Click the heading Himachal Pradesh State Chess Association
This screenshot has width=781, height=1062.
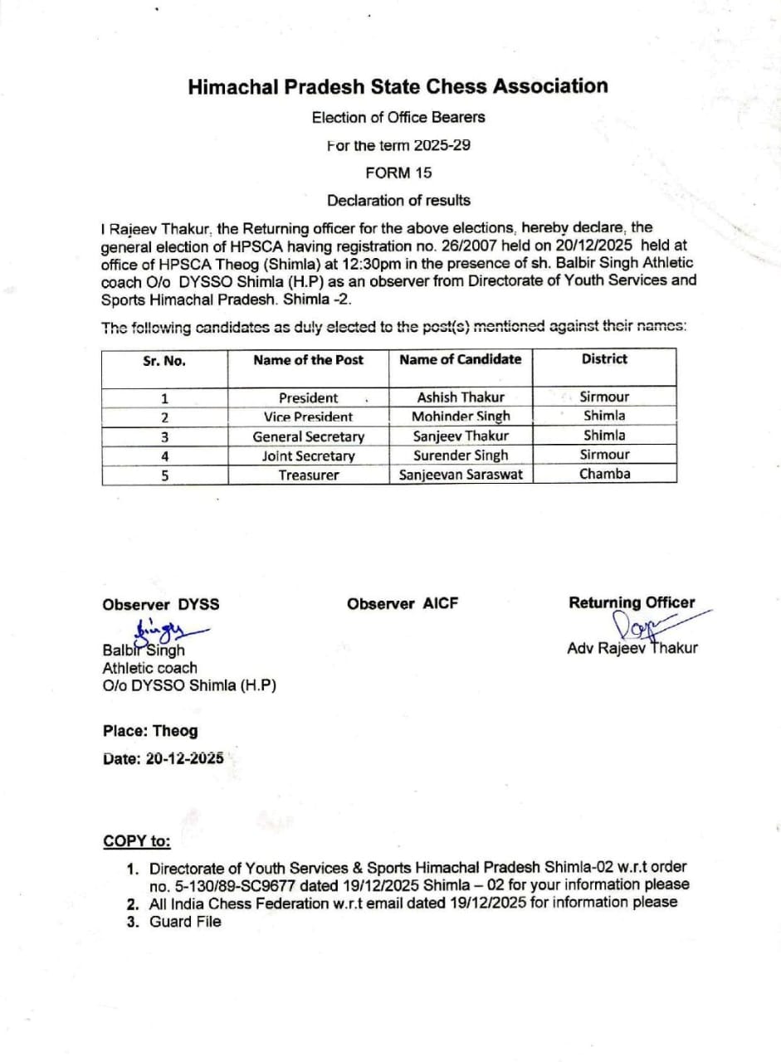[398, 86]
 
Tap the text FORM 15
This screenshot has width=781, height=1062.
[398, 173]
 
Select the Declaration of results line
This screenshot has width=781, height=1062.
[398, 200]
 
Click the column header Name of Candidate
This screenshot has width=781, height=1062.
[461, 359]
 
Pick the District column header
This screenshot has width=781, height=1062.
[604, 359]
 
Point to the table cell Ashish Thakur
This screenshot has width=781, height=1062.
[461, 397]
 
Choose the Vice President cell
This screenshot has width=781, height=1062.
[308, 417]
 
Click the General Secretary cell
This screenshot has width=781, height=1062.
[308, 436]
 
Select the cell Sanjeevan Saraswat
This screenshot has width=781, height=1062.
[461, 475]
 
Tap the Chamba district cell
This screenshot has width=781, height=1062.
[604, 474]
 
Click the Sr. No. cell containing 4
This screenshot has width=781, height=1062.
[164, 455]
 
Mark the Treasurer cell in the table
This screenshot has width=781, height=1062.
[308, 475]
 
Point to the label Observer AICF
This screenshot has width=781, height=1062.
[403, 604]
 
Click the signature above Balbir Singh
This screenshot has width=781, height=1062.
[166, 631]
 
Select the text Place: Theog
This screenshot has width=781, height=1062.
[150, 731]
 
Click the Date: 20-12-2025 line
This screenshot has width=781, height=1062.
[163, 758]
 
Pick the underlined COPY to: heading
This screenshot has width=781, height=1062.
[137, 841]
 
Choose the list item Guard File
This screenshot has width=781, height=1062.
[185, 921]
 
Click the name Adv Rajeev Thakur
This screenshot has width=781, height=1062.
[632, 648]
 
